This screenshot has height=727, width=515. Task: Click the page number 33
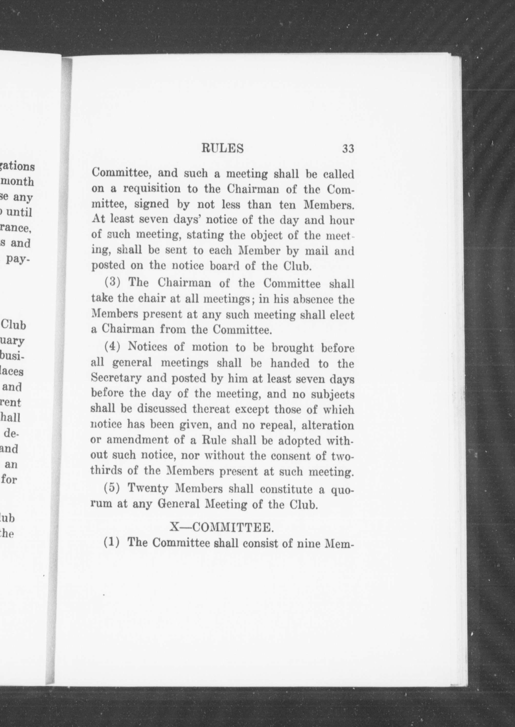point(348,149)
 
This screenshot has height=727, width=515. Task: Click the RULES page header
point(223,149)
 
